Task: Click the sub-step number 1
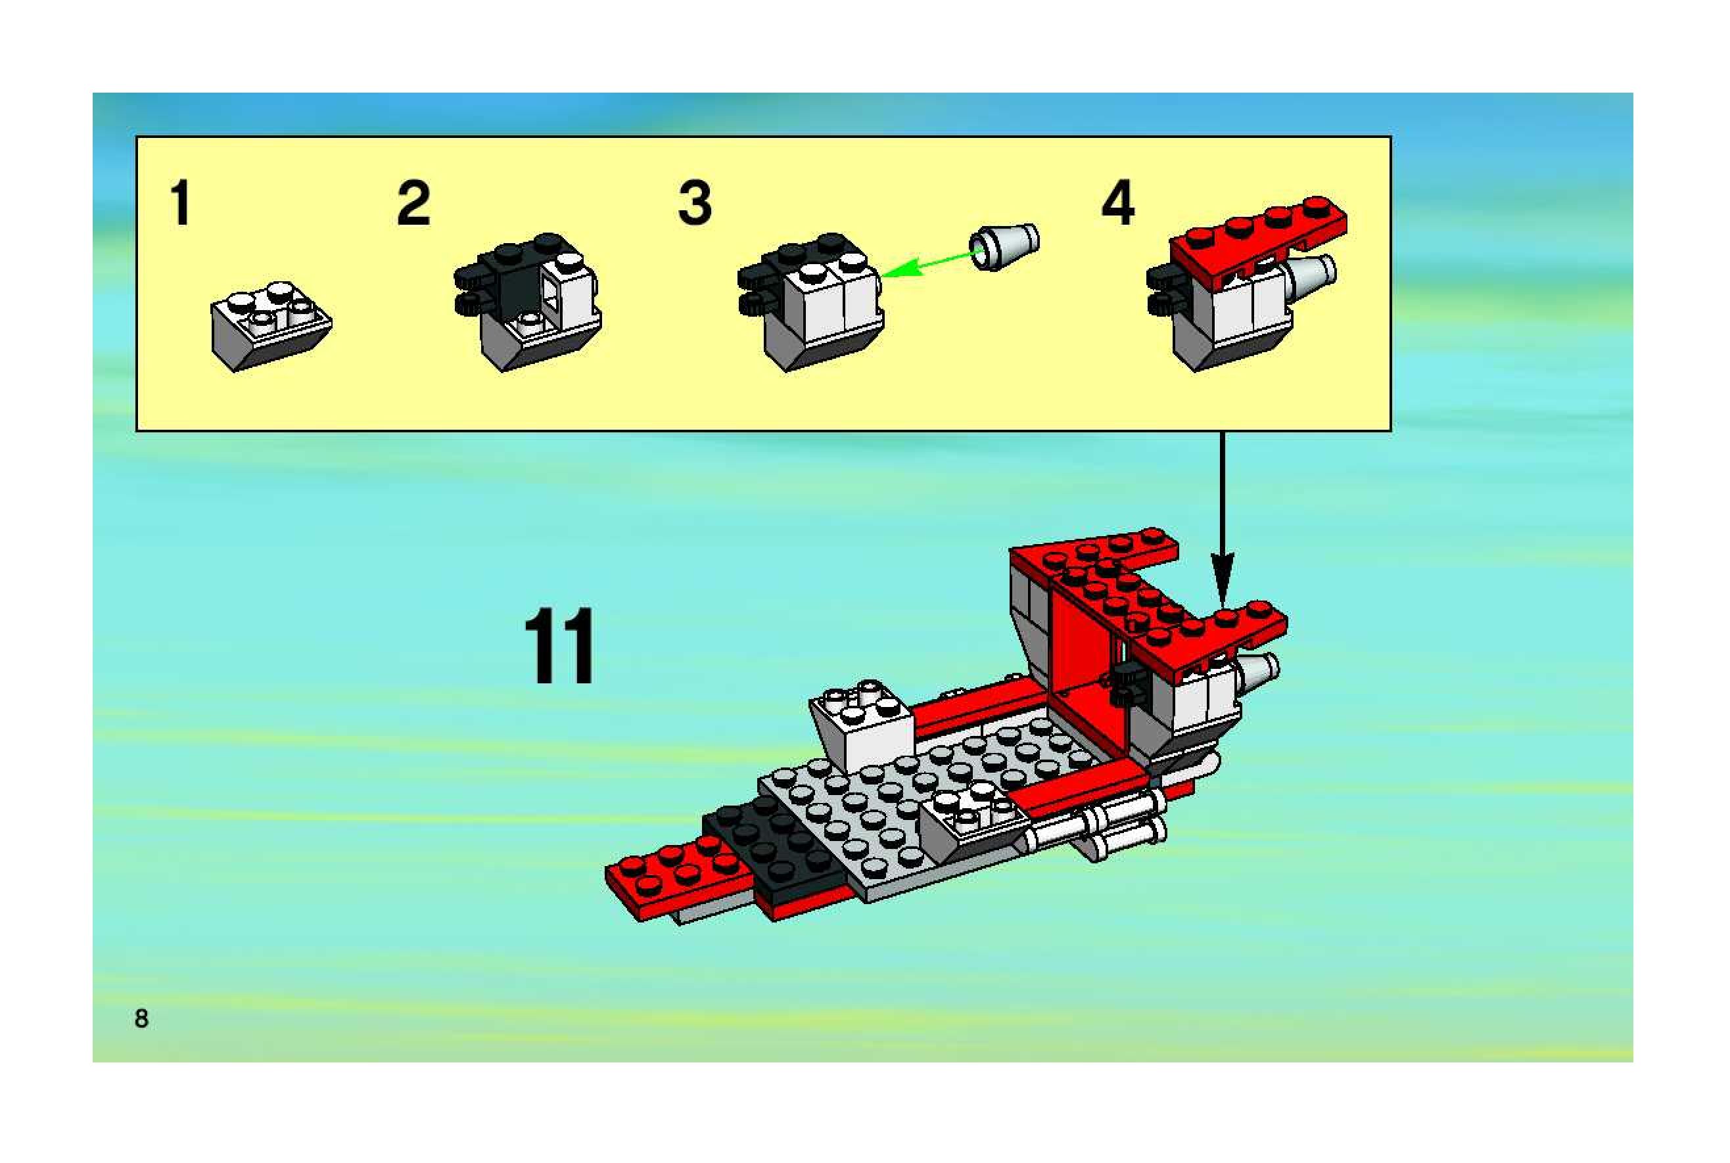click(180, 202)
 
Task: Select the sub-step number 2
click(413, 202)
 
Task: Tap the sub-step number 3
click(694, 202)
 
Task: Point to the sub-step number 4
click(1117, 202)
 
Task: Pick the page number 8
click(141, 1018)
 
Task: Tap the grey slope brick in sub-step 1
click(271, 327)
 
